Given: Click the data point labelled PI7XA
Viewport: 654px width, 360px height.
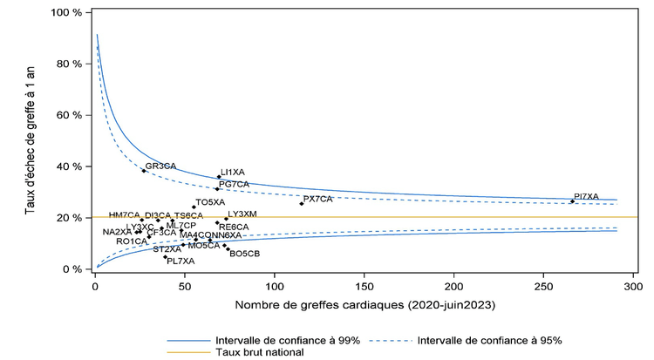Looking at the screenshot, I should point(572,201).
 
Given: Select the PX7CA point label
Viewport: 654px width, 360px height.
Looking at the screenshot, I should point(318,199).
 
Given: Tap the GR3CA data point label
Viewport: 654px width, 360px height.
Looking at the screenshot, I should point(160,166).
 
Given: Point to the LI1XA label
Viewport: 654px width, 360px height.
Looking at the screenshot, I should point(233,173).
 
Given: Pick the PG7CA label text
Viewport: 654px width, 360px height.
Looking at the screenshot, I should point(235,184).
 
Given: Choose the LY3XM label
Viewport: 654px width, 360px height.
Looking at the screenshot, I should point(242,214).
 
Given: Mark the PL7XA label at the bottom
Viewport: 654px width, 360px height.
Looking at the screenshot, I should point(181,261).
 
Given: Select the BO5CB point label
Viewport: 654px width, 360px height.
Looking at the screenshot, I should point(244,254).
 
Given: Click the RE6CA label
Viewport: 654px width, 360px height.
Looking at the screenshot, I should point(234,227).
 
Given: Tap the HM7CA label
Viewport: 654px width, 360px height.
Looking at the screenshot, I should point(124,214).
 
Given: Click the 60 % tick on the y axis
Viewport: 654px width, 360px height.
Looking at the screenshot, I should point(69,115).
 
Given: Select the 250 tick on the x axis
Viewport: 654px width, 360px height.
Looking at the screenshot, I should point(543,285).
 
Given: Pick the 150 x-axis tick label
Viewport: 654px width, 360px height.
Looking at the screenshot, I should point(364,285).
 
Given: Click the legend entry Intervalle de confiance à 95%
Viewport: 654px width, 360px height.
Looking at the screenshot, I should point(490,339).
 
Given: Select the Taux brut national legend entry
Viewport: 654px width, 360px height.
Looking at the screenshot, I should point(258,352).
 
